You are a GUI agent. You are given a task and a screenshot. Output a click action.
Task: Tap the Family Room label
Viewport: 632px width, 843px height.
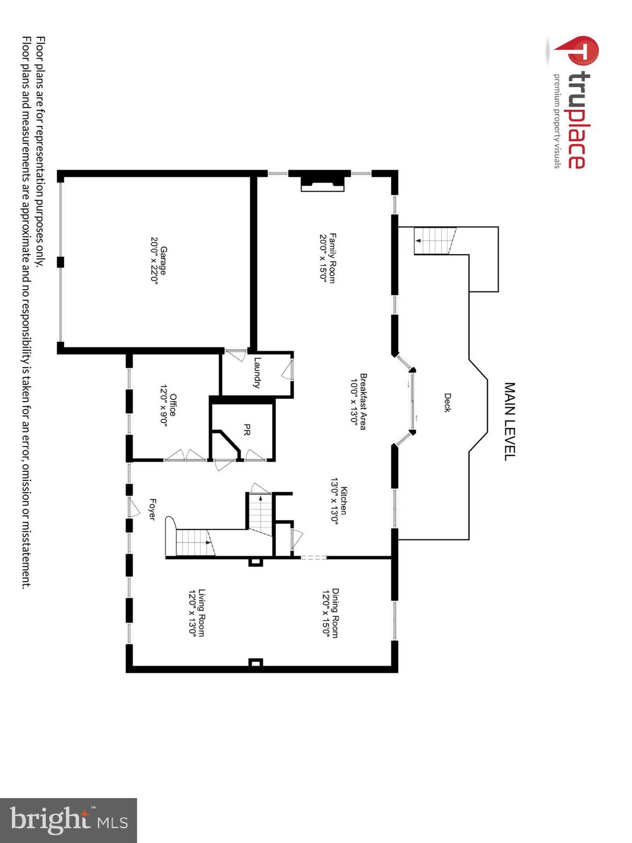pos(332,258)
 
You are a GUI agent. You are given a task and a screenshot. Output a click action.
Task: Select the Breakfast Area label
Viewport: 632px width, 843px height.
pos(363,401)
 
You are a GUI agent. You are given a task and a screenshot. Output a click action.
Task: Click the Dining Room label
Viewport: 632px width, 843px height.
pos(335,613)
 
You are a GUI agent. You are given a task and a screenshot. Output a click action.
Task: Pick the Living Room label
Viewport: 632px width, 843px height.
pos(201,612)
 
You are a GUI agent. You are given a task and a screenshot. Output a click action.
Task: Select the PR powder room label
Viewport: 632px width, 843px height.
pos(247,430)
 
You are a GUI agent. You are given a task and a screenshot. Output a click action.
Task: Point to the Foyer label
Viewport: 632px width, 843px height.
pos(153,509)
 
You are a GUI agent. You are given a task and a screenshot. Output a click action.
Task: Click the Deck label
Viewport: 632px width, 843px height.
pos(447,402)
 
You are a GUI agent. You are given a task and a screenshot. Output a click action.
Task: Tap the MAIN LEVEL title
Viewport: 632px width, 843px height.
pos(510,421)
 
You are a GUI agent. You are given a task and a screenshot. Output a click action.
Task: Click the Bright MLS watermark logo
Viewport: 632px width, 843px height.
pos(69,820)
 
